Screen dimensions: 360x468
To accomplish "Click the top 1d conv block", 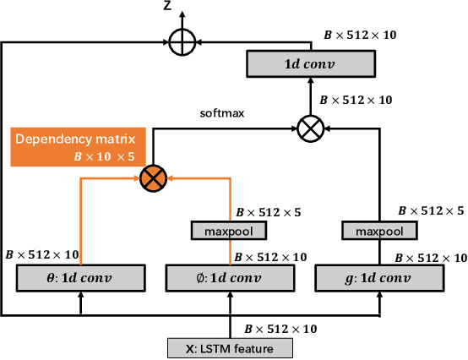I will pos(311,62).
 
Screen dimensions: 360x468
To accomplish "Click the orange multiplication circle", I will pos(154,177).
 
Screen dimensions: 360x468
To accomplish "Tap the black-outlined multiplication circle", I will pos(311,128).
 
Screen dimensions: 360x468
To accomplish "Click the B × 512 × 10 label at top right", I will pos(360,35).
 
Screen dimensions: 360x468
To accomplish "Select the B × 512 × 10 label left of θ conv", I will pos(42,253).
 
